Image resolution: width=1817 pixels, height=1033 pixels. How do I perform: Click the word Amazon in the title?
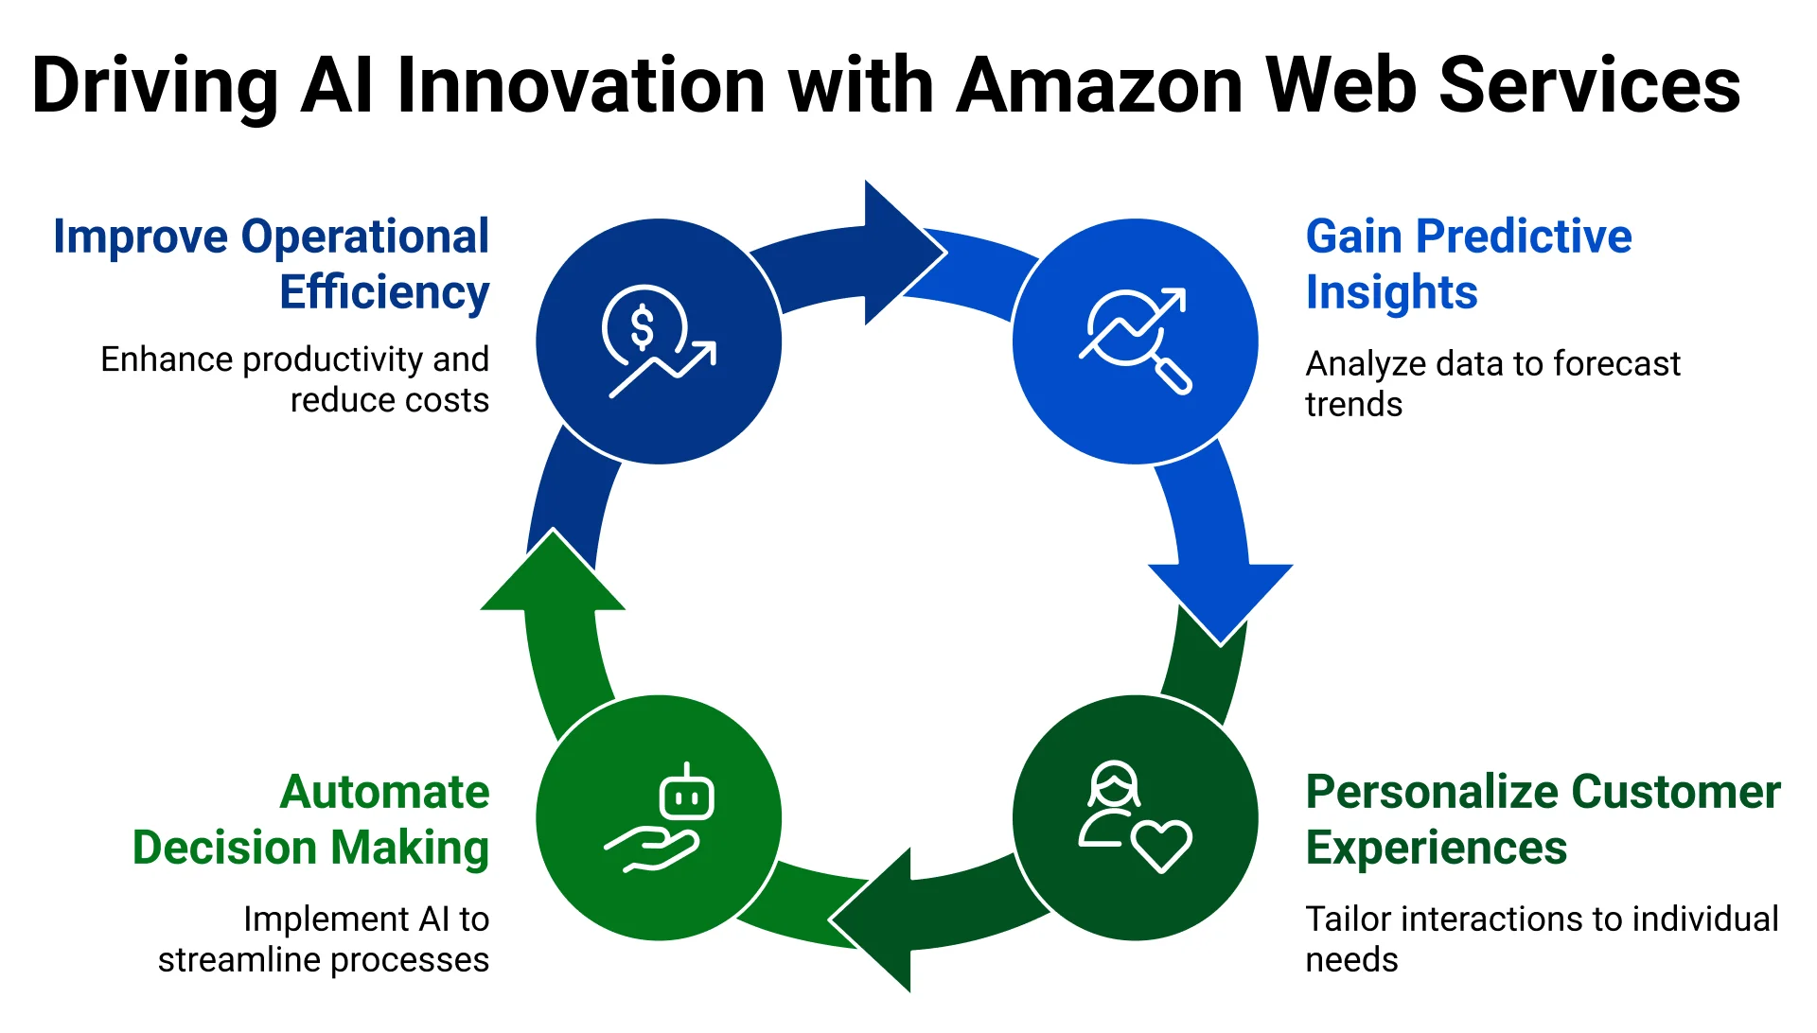(1101, 86)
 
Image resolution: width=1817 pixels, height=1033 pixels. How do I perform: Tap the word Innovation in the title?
(582, 86)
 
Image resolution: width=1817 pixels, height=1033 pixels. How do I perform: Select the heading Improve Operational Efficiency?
(273, 264)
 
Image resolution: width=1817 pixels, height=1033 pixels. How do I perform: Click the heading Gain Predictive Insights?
(1468, 264)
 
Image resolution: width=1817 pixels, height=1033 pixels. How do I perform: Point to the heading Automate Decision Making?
(311, 819)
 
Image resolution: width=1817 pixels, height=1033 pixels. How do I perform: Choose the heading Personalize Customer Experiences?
(1542, 819)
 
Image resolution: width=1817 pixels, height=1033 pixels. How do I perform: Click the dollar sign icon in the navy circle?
(643, 327)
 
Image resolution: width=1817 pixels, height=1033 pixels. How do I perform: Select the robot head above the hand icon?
(687, 795)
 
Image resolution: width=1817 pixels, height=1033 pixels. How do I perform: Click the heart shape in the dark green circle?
(1162, 844)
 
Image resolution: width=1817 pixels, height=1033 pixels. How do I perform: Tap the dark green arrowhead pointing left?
(876, 919)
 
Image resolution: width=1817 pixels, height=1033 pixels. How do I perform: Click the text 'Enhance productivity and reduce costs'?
(296, 379)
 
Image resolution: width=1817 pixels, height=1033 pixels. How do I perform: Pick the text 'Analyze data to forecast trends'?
(1491, 383)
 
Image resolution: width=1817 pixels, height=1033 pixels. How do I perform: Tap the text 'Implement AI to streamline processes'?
(325, 938)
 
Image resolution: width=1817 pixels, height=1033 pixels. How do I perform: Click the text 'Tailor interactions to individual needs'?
(1541, 938)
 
